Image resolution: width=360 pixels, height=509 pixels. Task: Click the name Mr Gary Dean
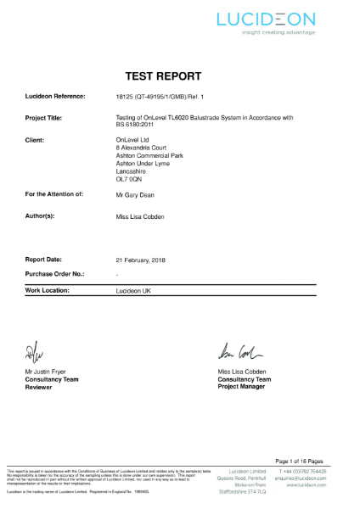(x=136, y=195)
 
